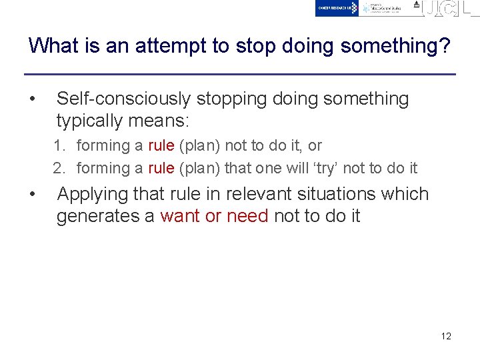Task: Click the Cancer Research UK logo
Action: tap(337, 8)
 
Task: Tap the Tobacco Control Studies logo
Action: tap(382, 8)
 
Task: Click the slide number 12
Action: tap(446, 336)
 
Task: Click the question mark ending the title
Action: tap(444, 45)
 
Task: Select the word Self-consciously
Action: tap(123, 99)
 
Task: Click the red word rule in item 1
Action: tap(161, 145)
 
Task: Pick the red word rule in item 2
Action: tap(161, 168)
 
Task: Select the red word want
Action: tap(181, 216)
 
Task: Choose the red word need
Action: tap(247, 216)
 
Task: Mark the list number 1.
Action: tap(59, 145)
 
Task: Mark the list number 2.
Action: tap(59, 168)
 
